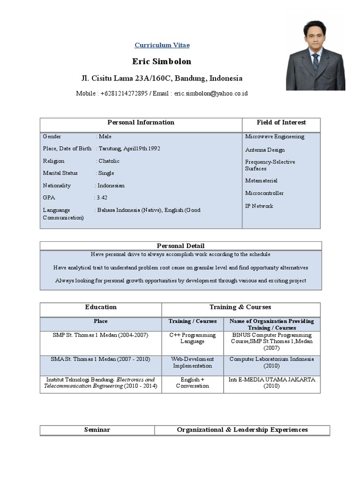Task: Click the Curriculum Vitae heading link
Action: pos(162,45)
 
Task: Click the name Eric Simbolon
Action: pos(162,62)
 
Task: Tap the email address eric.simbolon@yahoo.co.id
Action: pos(211,93)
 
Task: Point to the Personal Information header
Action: pos(141,123)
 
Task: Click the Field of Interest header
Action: pos(281,123)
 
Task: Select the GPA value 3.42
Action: pos(102,198)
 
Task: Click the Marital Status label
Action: pos(60,173)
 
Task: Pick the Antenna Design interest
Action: pos(265,150)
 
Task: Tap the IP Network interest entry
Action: pos(259,206)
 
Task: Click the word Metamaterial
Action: pos(261,181)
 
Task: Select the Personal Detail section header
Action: pos(180,246)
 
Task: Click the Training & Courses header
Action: pos(240,307)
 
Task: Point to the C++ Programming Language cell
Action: pos(193,338)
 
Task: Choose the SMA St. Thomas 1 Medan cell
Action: pos(100,360)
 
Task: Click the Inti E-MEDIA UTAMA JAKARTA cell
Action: pos(272,383)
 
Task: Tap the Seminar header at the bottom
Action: pos(97,430)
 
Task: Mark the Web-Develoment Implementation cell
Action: pos(193,362)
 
